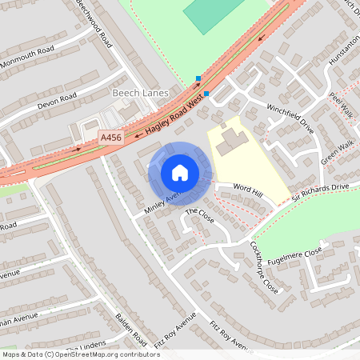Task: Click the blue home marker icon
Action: pyautogui.click(x=180, y=173)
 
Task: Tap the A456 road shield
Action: pyautogui.click(x=111, y=138)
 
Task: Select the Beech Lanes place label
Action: pyautogui.click(x=140, y=94)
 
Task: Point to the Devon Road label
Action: pyautogui.click(x=56, y=102)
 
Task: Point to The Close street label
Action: pyautogui.click(x=200, y=216)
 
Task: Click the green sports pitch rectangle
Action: pyautogui.click(x=211, y=14)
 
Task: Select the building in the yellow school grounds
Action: pyautogui.click(x=233, y=140)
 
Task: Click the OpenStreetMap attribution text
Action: pyautogui.click(x=81, y=354)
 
